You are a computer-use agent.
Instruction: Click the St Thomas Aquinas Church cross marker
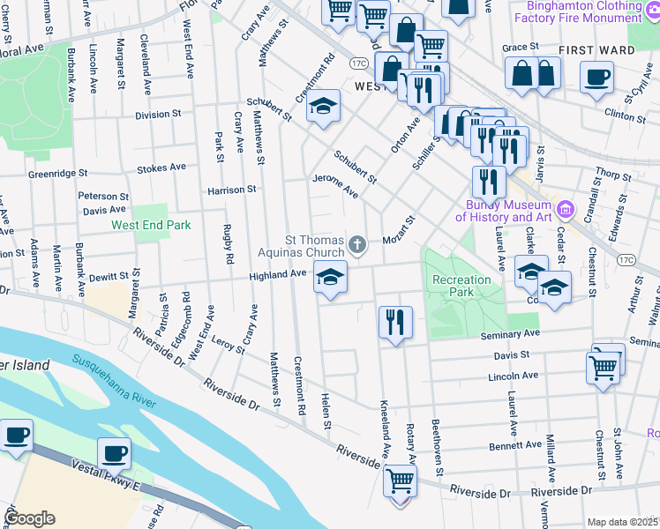356,244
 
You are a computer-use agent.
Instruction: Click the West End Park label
151,225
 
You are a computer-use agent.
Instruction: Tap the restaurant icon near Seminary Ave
395,322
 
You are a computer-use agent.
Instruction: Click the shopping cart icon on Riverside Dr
400,481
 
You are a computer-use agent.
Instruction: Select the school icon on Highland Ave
330,279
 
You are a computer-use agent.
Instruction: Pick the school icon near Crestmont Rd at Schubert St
324,108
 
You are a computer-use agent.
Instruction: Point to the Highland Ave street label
277,274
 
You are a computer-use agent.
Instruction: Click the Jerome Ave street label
335,184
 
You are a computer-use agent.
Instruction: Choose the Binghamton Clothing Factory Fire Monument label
589,11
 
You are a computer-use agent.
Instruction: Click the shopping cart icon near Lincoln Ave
604,366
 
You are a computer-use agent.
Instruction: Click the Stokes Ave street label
162,167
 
